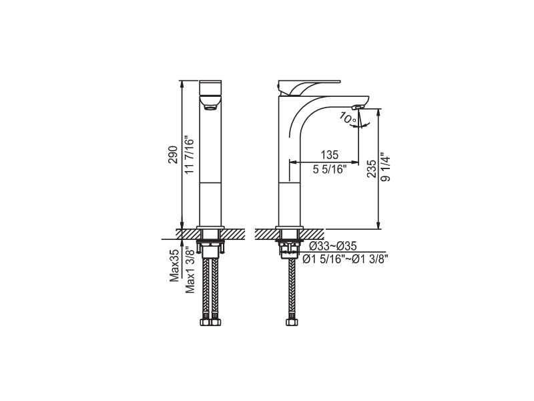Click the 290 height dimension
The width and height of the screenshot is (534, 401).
[173, 154]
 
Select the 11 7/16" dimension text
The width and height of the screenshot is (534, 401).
[189, 156]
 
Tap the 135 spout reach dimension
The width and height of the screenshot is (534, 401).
[330, 155]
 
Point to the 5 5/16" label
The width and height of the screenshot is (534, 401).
[330, 169]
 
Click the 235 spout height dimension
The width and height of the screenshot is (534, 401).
[372, 169]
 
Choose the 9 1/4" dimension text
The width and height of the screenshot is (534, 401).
[386, 166]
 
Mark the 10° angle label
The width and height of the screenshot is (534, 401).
[348, 118]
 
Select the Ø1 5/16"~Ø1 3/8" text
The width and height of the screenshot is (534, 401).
[345, 259]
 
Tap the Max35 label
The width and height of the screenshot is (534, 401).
[174, 265]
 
